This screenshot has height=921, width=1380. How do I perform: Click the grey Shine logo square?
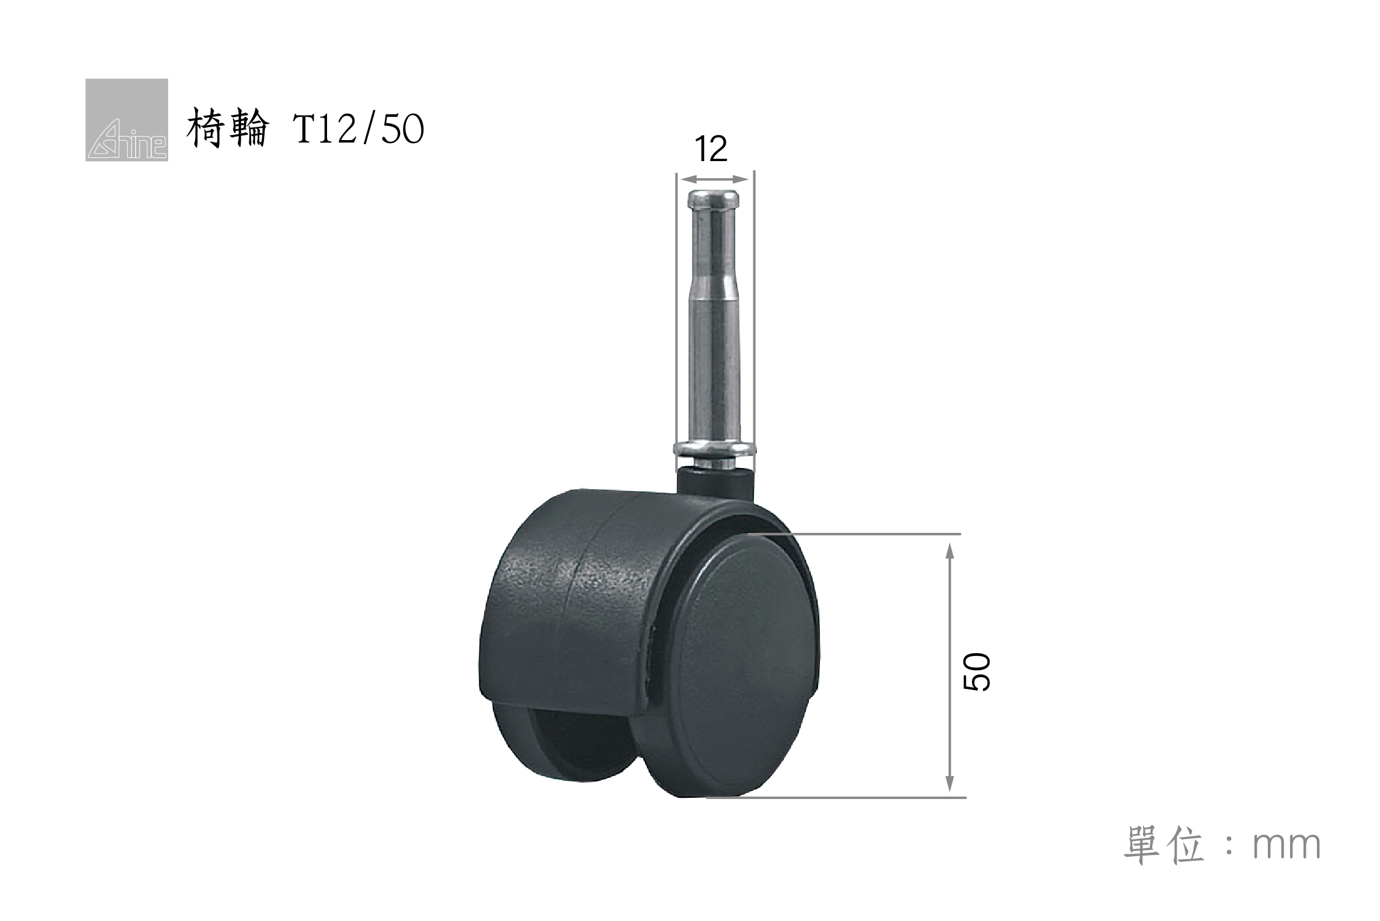pos(127,120)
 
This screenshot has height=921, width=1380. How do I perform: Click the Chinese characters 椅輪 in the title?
pos(228,128)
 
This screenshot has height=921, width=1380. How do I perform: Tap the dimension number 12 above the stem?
pos(711,149)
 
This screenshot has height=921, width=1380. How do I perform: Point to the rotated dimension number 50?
pos(977,672)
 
